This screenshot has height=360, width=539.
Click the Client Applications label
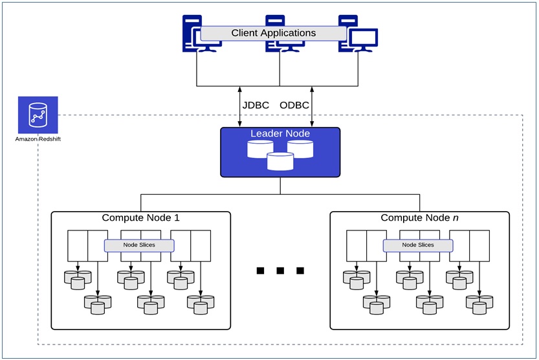[274, 33]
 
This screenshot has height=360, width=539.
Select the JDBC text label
[256, 106]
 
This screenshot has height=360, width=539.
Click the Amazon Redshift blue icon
[38, 115]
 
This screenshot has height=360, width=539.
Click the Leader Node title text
[280, 134]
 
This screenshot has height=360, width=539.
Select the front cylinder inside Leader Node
[280, 161]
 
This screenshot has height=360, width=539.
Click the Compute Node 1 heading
[140, 218]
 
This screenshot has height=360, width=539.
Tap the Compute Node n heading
[419, 218]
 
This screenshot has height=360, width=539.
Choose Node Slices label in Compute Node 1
[139, 245]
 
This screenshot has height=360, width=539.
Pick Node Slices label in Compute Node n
[418, 245]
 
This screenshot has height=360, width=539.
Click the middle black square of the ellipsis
[280, 271]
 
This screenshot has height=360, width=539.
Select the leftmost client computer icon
[194, 36]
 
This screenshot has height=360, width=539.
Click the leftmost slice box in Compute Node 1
[78, 245]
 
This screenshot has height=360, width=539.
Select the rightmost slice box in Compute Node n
[479, 245]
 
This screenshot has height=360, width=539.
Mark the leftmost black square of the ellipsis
[261, 271]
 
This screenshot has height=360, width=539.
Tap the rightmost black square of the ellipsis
[300, 271]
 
